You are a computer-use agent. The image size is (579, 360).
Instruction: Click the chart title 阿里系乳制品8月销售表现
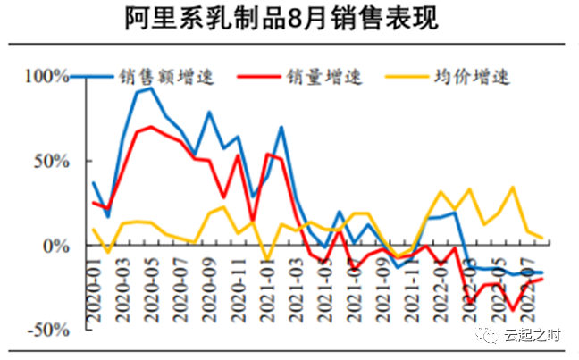click(289, 20)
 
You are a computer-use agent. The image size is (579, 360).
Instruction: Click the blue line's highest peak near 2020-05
click(151, 88)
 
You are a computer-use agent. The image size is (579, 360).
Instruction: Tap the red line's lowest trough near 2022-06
click(513, 310)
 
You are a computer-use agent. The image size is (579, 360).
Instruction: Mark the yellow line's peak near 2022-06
click(513, 187)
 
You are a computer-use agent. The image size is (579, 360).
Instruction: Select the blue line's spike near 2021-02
click(281, 127)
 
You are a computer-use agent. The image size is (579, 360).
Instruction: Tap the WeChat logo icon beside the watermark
click(488, 335)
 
